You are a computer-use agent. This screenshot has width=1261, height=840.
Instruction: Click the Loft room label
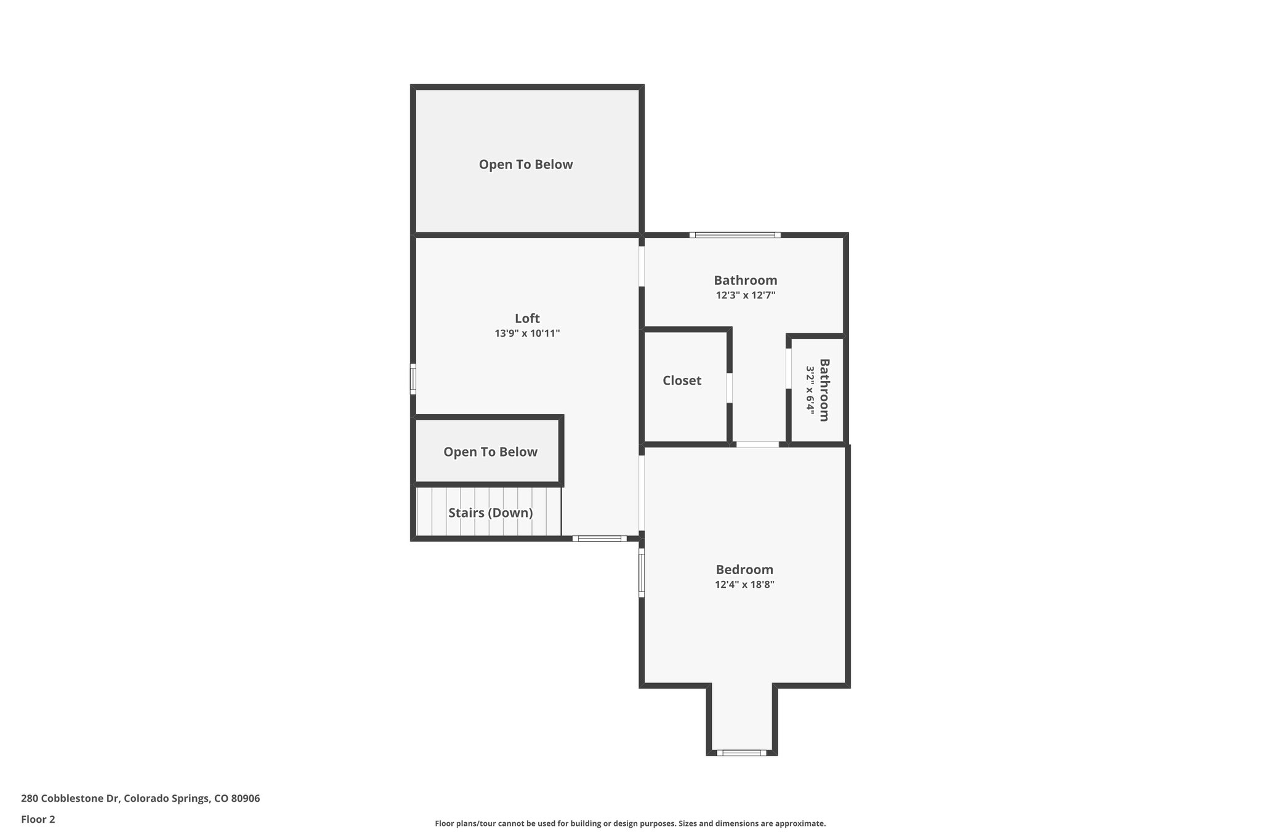(x=527, y=318)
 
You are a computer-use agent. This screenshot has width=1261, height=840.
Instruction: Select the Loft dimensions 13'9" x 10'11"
(x=527, y=334)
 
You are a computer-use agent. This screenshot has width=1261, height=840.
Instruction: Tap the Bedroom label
(x=744, y=569)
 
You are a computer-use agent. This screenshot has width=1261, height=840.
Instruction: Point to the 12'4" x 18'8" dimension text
(x=744, y=585)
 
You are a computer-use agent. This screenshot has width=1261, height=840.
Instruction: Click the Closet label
(x=682, y=380)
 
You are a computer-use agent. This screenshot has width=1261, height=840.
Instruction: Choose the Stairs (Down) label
(x=490, y=513)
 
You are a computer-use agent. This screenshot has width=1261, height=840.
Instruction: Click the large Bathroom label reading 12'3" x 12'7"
(x=745, y=281)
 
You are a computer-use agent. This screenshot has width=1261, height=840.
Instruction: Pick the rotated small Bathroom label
(x=824, y=390)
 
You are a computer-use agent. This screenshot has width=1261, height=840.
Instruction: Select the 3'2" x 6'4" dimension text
(x=810, y=390)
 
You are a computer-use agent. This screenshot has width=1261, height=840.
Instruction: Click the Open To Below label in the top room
(x=526, y=164)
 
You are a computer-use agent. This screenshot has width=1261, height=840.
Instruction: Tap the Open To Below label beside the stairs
(x=490, y=452)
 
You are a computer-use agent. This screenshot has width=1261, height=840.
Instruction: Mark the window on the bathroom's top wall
(x=735, y=235)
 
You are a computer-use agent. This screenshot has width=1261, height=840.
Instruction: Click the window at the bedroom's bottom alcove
(x=741, y=753)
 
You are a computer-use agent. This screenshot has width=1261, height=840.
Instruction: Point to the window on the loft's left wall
(x=413, y=378)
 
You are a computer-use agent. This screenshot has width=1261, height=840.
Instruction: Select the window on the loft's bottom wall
(x=599, y=538)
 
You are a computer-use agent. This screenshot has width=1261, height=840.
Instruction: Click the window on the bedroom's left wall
(x=641, y=573)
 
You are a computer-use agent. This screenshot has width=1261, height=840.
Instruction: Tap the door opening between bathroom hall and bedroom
(x=758, y=444)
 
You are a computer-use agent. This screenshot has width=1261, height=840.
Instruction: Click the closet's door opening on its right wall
(x=730, y=388)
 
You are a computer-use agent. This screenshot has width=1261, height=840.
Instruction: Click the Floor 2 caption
(x=38, y=819)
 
